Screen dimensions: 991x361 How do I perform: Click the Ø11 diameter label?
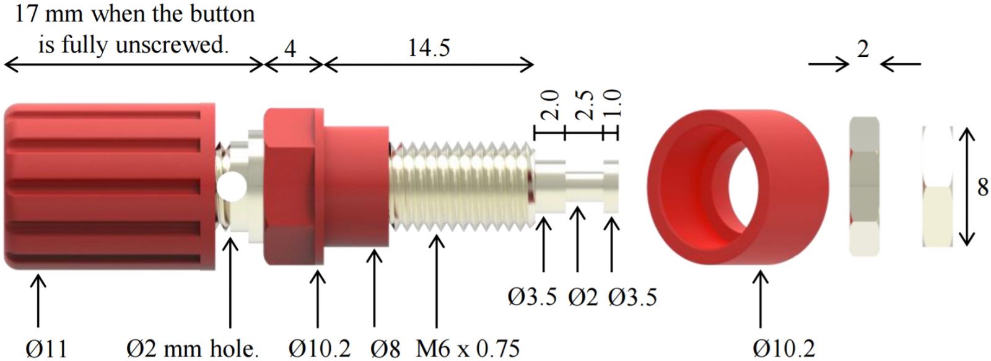[46, 349]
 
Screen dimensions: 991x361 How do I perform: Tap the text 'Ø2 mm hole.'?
[193, 349]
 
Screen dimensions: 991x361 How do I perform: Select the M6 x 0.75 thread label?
[468, 349]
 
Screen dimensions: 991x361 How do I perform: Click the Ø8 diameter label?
[385, 349]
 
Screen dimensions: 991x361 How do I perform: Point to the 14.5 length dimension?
[429, 48]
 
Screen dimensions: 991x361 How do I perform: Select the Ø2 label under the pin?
[583, 297]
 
